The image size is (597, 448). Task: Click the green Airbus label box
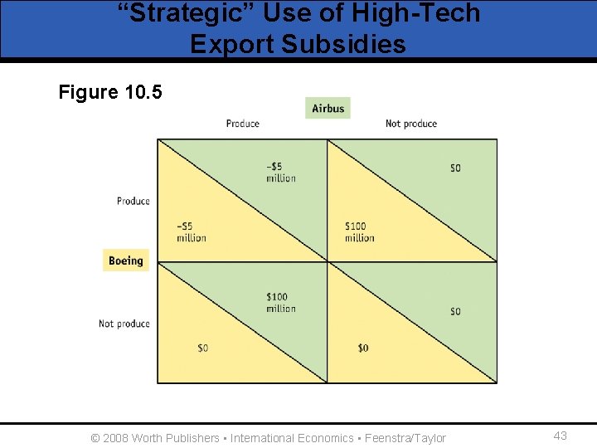[328, 108]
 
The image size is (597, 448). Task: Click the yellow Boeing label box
[125, 261]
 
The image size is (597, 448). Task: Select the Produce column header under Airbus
[242, 124]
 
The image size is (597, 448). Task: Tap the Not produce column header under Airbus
[410, 124]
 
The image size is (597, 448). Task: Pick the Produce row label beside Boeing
[133, 201]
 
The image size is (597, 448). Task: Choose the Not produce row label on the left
[124, 324]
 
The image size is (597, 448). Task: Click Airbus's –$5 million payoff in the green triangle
[280, 172]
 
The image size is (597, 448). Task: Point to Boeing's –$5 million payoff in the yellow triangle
[191, 232]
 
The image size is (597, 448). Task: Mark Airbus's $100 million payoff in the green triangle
[280, 303]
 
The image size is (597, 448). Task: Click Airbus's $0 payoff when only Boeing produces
[455, 168]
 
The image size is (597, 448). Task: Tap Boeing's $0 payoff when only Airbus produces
[203, 348]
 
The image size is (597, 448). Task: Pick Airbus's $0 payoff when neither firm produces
[455, 311]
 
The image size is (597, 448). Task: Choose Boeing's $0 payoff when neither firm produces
[362, 348]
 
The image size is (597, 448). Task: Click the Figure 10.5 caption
[110, 91]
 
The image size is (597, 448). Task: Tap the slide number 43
[560, 436]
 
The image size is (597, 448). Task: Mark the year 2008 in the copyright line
[116, 438]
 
